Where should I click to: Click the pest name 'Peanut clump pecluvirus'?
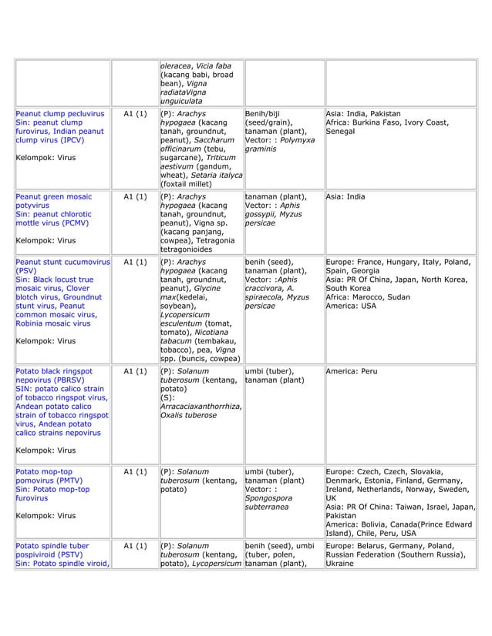pyautogui.click(x=59, y=114)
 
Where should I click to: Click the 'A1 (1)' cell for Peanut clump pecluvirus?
pyautogui.click(x=135, y=114)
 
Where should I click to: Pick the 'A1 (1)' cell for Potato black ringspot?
pyautogui.click(x=135, y=371)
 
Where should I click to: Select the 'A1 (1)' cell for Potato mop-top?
pyautogui.click(x=135, y=471)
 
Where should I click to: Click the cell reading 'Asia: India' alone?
pyautogui.click(x=346, y=196)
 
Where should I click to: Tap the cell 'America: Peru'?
pyautogui.click(x=352, y=371)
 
